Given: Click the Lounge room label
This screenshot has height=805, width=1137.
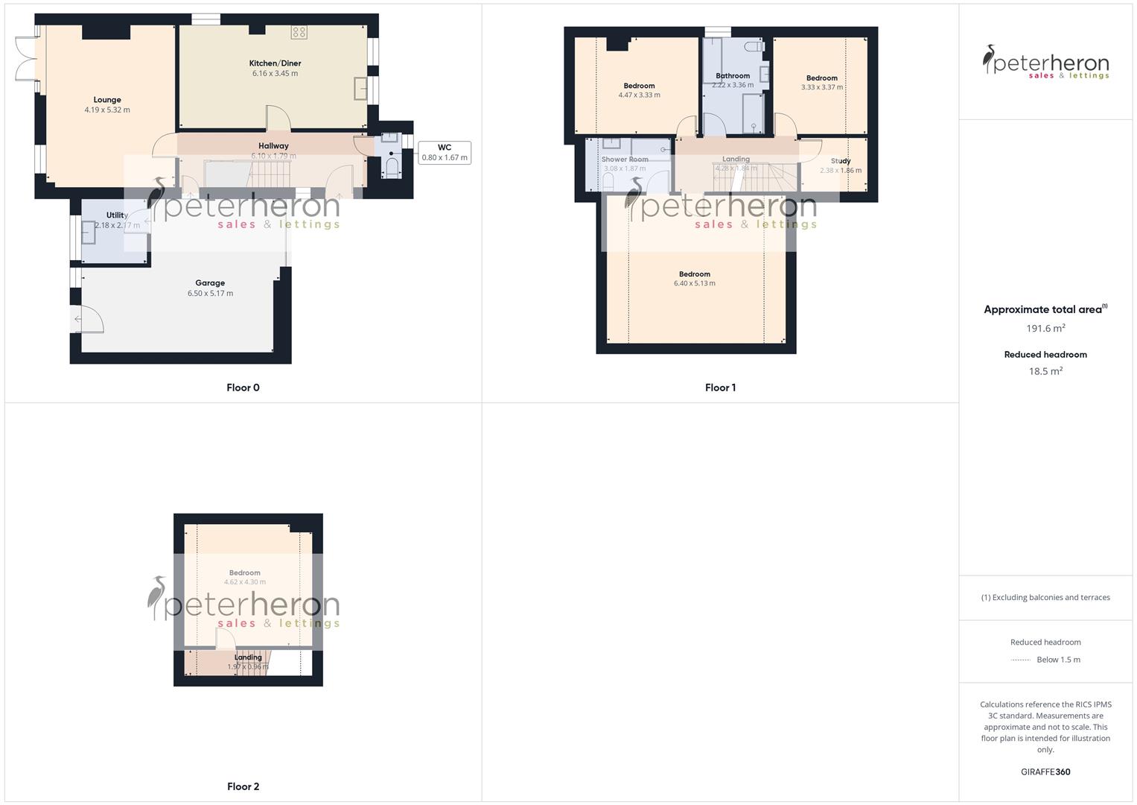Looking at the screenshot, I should [107, 100].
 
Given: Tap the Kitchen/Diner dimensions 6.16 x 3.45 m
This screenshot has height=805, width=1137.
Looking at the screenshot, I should [275, 74].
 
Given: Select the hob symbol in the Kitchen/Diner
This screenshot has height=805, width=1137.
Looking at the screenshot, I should [299, 32].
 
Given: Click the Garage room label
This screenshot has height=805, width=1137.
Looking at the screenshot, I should [210, 283].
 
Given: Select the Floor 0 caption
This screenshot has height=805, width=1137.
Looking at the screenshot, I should [243, 388].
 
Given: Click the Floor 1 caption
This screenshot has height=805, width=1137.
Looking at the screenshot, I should [720, 388].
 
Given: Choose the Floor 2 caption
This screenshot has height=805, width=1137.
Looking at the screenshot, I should [243, 786].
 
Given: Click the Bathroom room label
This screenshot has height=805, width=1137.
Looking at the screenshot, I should [733, 76].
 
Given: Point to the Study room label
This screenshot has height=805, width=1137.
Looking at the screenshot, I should [841, 161].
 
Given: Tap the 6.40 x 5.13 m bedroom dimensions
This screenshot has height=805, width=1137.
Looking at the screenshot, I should [695, 284].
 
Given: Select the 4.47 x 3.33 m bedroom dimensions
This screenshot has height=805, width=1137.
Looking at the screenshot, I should [639, 95].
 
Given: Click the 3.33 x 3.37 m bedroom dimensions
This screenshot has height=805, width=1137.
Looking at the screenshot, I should [822, 87].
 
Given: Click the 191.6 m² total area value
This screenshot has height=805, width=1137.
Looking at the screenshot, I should [1045, 329].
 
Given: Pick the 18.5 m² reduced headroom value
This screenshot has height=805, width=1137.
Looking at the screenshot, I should [1045, 371].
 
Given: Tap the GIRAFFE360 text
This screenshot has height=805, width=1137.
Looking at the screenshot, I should [1045, 772].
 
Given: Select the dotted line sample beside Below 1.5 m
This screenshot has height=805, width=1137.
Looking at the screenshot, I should [1021, 660].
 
